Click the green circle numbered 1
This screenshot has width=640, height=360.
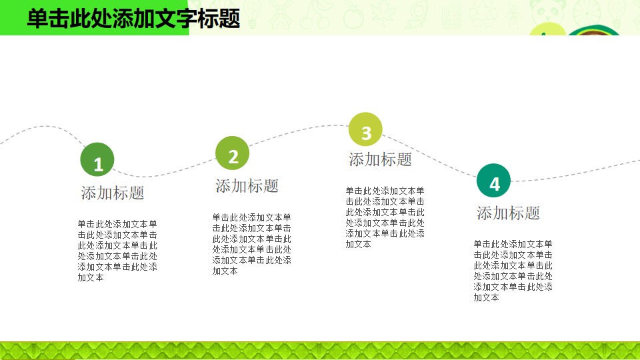tap(97, 159)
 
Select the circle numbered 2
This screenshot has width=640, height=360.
tap(232, 153)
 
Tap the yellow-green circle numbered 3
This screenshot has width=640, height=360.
tap(365, 129)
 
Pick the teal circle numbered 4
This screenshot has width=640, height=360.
tap(493, 181)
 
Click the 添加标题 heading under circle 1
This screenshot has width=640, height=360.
tap(113, 193)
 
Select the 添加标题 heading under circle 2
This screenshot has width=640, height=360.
tap(247, 186)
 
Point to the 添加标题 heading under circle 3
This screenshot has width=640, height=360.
tap(381, 159)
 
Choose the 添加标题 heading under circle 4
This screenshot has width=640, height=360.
tap(508, 213)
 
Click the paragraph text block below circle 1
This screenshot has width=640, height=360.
tap(117, 251)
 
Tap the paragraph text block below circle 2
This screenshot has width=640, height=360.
tap(251, 244)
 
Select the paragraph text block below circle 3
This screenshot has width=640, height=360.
tap(385, 217)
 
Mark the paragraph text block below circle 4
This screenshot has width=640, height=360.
tap(513, 271)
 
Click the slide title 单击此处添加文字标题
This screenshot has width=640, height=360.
tap(133, 19)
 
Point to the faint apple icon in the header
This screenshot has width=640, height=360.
tap(353, 16)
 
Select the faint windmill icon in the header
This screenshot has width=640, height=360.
tap(281, 15)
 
